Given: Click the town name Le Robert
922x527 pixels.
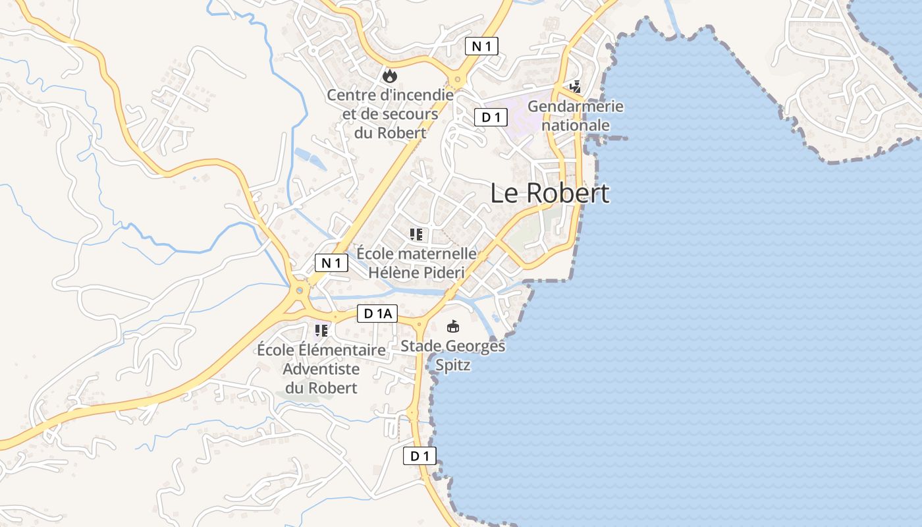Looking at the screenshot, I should pos(550,193).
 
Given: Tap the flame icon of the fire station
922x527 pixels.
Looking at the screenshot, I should pos(390,76).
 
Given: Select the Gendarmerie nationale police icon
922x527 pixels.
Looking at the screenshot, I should pos(576,86).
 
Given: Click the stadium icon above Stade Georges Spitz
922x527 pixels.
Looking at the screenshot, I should pos(453,326).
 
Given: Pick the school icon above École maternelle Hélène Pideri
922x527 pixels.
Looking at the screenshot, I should pos(416,234).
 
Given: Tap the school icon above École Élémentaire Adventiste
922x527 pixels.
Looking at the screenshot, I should pos(321,330).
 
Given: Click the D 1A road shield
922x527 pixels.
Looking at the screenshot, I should pos(377,314).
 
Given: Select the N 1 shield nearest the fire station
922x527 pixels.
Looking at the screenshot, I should pos(481,46).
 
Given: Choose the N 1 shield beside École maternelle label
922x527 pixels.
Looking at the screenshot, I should pos(331,263).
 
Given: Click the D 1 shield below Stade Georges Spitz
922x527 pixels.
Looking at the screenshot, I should pos(420,456).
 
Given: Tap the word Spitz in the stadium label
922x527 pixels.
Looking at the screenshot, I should pos(453,365).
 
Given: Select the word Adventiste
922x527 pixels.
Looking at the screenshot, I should pos(321,369).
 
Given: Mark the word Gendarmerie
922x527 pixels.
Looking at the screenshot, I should pos(576,106).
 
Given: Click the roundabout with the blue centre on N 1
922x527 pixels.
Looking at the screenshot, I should pos(300,290).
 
